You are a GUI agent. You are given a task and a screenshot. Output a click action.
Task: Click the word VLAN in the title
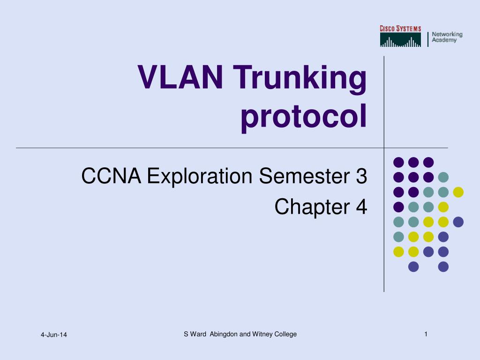pyautogui.click(x=180, y=77)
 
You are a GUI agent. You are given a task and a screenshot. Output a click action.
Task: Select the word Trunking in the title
pyautogui.click(x=300, y=79)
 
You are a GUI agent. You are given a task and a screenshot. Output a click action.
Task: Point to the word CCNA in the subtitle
pyautogui.click(x=111, y=176)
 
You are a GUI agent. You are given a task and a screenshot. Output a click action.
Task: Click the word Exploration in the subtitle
pyautogui.click(x=200, y=176)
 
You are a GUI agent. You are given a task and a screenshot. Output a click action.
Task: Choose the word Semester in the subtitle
pyautogui.click(x=304, y=176)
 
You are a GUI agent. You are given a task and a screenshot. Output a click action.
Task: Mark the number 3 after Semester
pyautogui.click(x=361, y=176)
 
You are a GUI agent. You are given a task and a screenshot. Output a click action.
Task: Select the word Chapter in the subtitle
pyautogui.click(x=312, y=207)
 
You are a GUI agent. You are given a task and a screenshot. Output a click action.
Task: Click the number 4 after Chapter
pyautogui.click(x=361, y=207)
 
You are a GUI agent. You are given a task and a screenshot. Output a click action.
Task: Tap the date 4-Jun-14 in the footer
pyautogui.click(x=54, y=335)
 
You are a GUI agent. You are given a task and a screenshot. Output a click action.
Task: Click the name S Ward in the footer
pyautogui.click(x=195, y=334)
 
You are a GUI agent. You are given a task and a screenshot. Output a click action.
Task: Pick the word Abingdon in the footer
pyautogui.click(x=224, y=334)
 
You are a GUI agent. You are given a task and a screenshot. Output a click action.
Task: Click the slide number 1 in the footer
pyautogui.click(x=426, y=334)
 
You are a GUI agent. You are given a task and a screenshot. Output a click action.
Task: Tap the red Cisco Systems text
pyautogui.click(x=400, y=29)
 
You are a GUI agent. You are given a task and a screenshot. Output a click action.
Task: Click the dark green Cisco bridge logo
pyautogui.click(x=400, y=40)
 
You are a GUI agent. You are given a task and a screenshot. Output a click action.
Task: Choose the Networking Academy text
pyautogui.click(x=447, y=37)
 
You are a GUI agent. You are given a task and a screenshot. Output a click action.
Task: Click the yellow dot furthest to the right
pyautogui.click(x=458, y=192)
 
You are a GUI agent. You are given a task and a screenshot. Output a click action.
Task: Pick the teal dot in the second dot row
pyautogui.click(x=443, y=177)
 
